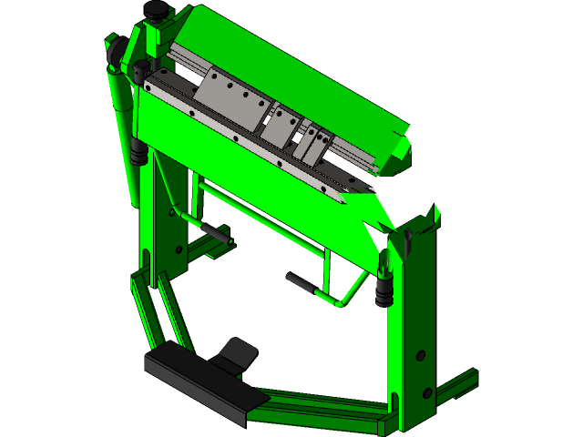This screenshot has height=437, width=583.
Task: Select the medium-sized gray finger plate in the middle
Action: (x=281, y=126)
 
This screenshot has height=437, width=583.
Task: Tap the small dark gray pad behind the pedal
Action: (x=240, y=352)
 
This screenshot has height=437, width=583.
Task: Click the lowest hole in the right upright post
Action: (x=424, y=392)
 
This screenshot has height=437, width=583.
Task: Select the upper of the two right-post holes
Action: (x=420, y=353)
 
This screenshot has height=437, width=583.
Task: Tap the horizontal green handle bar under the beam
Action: (x=260, y=218)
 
